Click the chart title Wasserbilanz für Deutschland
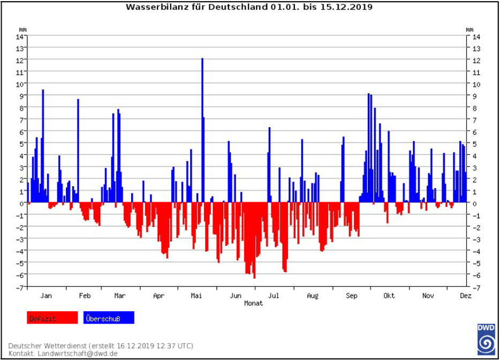tap(249, 7)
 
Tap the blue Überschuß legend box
tap(109, 318)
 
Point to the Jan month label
tap(47, 295)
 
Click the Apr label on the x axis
tap(158, 295)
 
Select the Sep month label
tap(351, 295)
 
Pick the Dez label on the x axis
tap(465, 295)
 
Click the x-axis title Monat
tap(253, 303)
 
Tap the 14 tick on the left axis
tap(21, 36)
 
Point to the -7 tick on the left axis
tap(21, 287)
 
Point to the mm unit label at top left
tap(22, 28)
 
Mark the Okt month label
tap(389, 295)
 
